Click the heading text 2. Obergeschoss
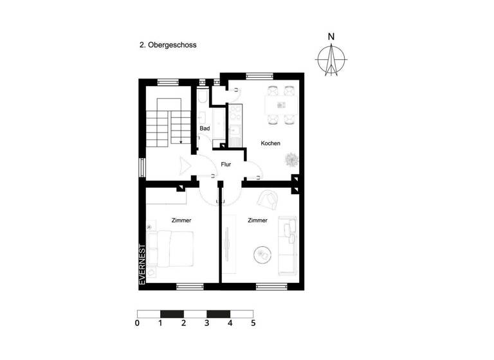click(168, 46)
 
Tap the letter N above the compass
click(331, 37)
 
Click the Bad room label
click(205, 129)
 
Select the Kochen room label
click(270, 143)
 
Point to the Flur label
click(226, 165)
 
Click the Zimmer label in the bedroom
click(181, 221)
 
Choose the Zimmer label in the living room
click(257, 221)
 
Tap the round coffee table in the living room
click(263, 255)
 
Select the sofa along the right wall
click(287, 247)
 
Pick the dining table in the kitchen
click(280, 104)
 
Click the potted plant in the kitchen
click(291, 157)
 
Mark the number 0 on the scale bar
click(138, 323)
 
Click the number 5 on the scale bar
click(253, 323)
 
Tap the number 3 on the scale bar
click(207, 323)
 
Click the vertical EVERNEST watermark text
click(143, 264)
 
